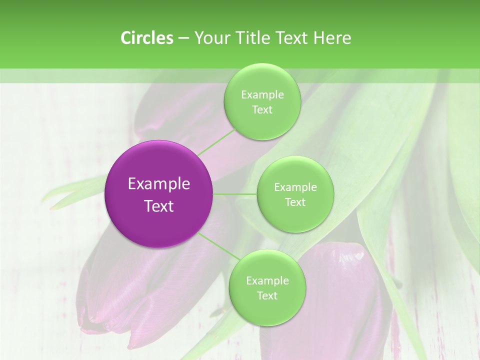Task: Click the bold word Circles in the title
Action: point(147,38)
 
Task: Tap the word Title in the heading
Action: point(250,38)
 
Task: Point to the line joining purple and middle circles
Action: point(235,194)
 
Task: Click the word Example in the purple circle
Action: point(159,184)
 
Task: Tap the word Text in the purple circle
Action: point(159,206)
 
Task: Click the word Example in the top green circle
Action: point(262,95)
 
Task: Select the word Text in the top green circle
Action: point(262,110)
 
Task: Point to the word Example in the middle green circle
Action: point(295,187)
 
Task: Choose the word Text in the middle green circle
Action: point(295,202)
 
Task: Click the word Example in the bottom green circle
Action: point(267,281)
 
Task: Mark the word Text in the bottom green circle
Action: point(267,296)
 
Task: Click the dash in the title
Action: point(183,38)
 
